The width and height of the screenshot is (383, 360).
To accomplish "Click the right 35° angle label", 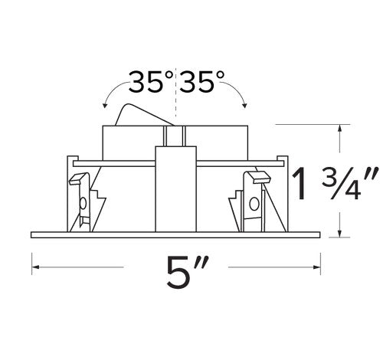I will (203, 80).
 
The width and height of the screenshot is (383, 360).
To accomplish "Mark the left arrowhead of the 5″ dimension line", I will (34, 267).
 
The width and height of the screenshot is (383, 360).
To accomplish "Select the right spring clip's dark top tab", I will (259, 178).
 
